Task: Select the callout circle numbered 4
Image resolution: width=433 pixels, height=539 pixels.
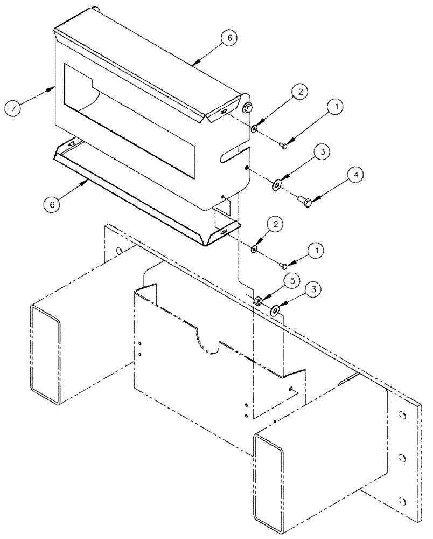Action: pyautogui.click(x=341, y=175)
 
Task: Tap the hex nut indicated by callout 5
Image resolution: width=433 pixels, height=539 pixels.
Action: pyautogui.click(x=259, y=300)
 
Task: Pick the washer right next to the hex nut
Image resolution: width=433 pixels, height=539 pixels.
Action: pyautogui.click(x=275, y=310)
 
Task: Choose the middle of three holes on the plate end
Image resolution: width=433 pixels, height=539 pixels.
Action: pyautogui.click(x=402, y=459)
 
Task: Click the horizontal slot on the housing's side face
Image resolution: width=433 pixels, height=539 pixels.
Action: pyautogui.click(x=234, y=155)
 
